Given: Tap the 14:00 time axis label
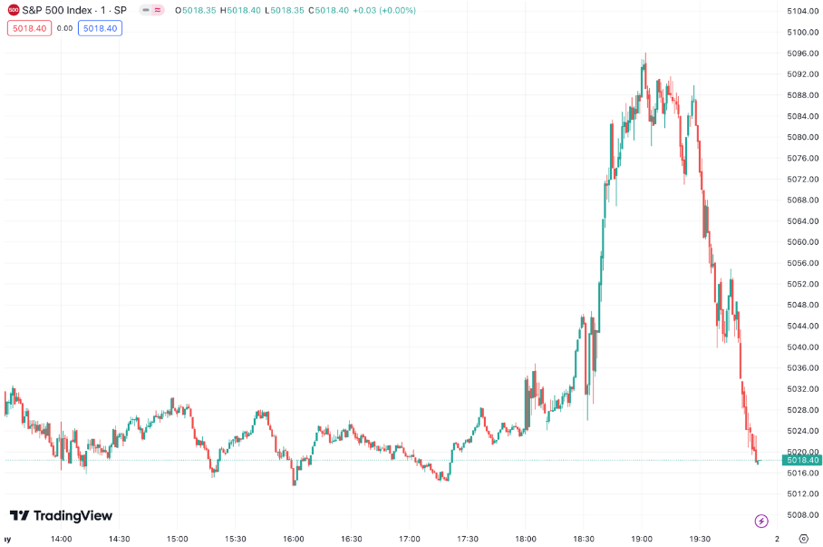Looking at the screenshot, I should coord(61,538).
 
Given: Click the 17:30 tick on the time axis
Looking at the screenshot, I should coord(468,538).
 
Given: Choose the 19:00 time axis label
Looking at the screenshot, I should coord(642,538).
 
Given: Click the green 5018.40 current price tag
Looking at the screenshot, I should coord(801,461).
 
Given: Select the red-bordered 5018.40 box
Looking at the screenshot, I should coord(29,28).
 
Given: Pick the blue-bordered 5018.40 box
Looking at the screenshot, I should coord(100,28).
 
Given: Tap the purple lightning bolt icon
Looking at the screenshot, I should coord(761,521).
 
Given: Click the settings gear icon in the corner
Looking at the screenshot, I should coord(803,538).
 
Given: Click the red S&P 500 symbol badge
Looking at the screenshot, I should coord(13,10).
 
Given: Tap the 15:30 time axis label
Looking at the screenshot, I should coord(235,538).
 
